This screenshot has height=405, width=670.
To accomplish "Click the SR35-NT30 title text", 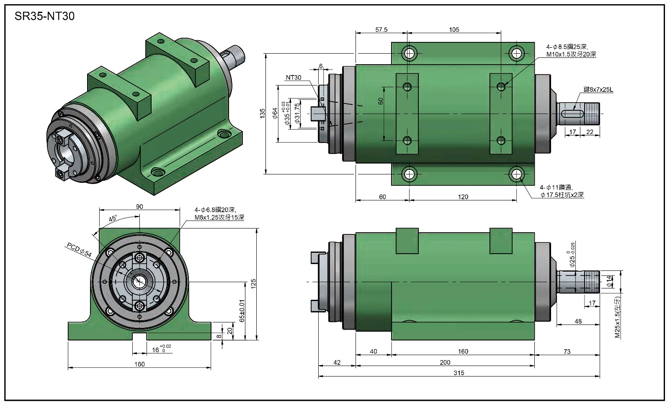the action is (x=44, y=16).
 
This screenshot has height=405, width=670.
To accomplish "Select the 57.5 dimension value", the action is (x=381, y=30).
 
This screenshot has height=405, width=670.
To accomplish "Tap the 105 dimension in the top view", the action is (x=454, y=30).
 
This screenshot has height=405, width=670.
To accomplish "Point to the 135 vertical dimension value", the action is (x=262, y=113).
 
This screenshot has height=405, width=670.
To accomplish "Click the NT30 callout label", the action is (x=294, y=78).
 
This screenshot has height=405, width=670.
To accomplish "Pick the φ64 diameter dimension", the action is (x=275, y=113).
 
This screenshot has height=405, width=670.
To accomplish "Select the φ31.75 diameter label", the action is (x=297, y=113).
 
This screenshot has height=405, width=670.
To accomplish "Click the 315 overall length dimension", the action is (x=459, y=373).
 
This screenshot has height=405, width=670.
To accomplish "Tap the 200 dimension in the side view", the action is (x=445, y=363).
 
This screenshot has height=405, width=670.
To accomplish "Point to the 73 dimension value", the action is (x=567, y=352).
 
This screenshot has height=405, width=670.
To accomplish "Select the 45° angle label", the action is (x=113, y=219).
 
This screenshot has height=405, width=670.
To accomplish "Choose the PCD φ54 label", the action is (x=79, y=250).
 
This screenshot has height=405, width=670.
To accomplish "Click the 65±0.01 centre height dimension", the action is (x=242, y=311).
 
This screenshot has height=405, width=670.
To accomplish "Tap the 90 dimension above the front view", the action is (x=139, y=207).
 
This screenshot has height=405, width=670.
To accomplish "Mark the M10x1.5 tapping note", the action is (x=571, y=55).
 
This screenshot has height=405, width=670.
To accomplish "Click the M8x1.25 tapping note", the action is (x=219, y=218).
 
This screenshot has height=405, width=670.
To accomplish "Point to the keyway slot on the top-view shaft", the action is (x=572, y=114).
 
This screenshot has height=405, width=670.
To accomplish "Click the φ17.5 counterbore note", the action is (x=562, y=195).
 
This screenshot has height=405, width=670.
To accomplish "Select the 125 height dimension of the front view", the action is (x=253, y=284).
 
